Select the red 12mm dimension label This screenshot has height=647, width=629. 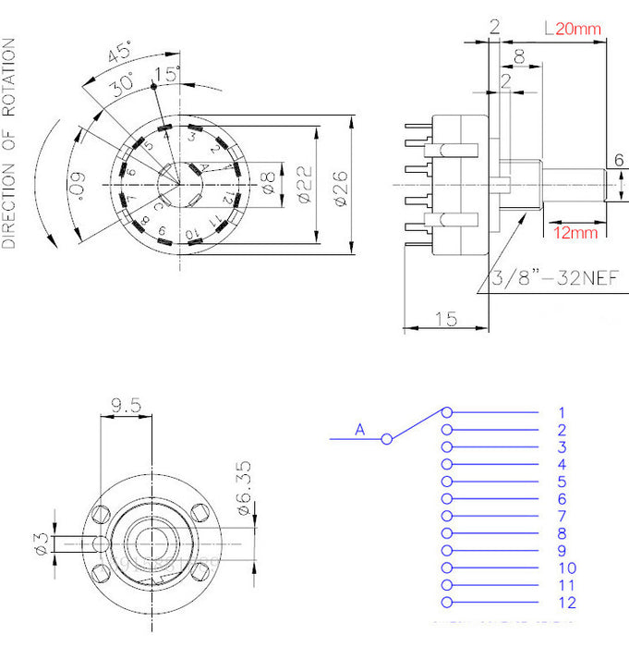(x=576, y=232)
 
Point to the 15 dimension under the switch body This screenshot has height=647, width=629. (x=446, y=318)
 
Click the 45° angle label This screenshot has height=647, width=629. (x=117, y=54)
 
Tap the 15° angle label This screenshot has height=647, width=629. (x=168, y=74)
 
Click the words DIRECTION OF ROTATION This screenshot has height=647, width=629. (x=10, y=143)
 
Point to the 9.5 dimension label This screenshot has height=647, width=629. (x=126, y=404)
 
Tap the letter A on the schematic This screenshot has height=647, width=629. (x=359, y=428)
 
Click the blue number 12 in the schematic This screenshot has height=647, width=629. (x=567, y=603)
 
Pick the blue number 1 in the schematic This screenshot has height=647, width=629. (x=561, y=412)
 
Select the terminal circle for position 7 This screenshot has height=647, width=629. (x=447, y=516)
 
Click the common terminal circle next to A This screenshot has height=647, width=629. (x=387, y=438)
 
